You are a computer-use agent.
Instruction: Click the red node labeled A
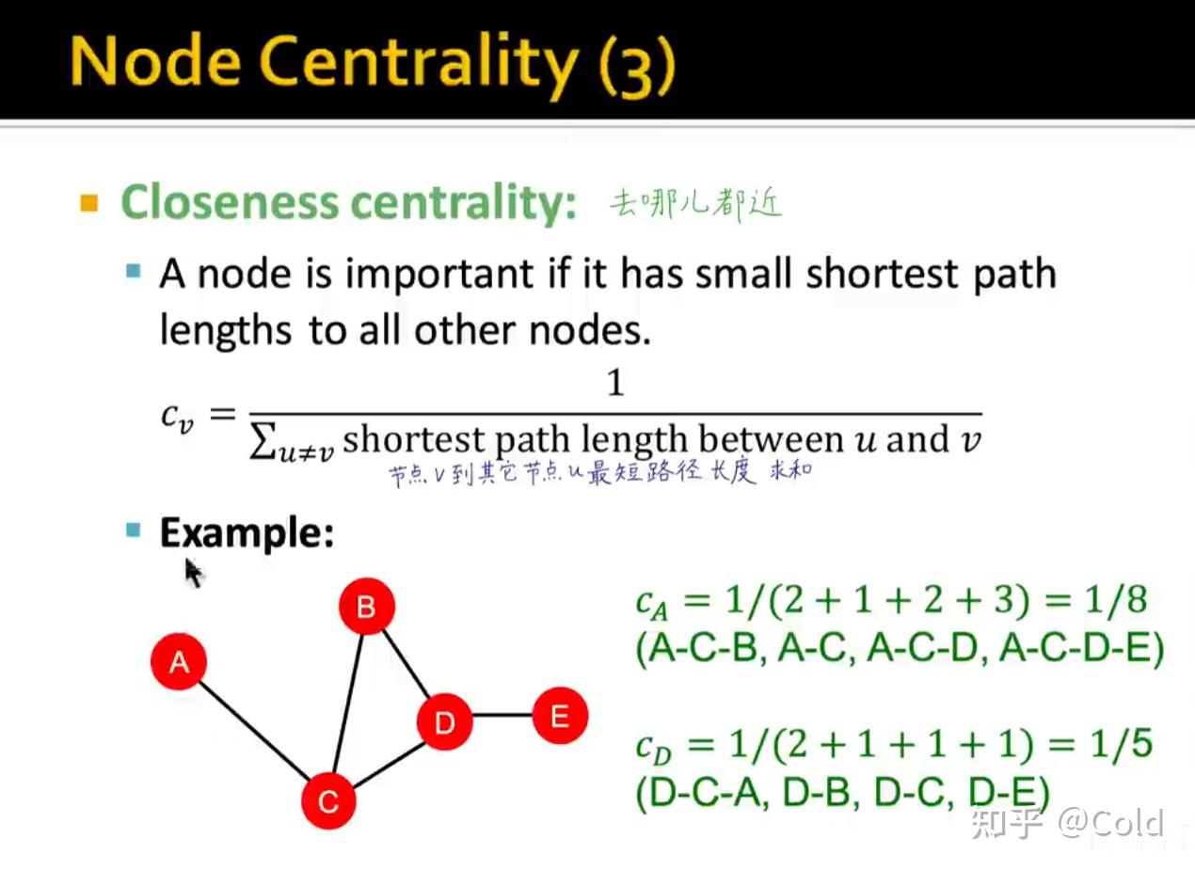pos(179,661)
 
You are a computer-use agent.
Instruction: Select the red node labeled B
pos(367,606)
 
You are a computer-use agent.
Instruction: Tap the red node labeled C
pos(328,800)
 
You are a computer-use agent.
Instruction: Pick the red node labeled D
pos(444,721)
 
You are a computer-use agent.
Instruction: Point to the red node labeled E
pos(560,716)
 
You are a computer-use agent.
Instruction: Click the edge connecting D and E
pos(502,715)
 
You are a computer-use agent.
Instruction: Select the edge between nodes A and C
pos(254,732)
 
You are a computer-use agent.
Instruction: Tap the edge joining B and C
pos(348,703)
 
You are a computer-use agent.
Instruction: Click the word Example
pos(247,533)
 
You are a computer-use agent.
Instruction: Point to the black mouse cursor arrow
pos(193,573)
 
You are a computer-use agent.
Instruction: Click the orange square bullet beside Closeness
pos(88,203)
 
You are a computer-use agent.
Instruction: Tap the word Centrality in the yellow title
pos(420,63)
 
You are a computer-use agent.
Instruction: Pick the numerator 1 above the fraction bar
pos(615,383)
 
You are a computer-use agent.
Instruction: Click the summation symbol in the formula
pos(263,440)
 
